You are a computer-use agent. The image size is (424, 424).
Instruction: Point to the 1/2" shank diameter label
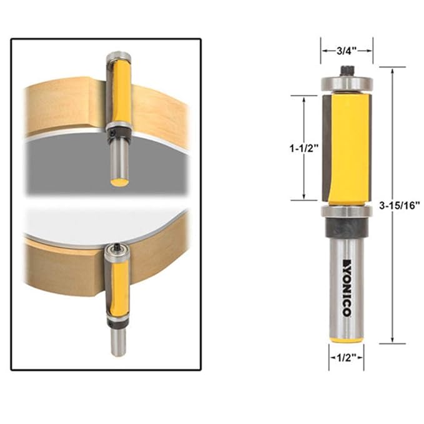(x=346, y=358)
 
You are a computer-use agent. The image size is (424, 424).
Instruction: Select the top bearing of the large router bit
(x=347, y=83)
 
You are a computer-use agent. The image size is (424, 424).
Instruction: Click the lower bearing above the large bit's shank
(x=347, y=212)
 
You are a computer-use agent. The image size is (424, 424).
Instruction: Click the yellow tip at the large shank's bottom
(x=347, y=338)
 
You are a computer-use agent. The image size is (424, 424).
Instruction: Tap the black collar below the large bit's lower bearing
(x=347, y=229)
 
